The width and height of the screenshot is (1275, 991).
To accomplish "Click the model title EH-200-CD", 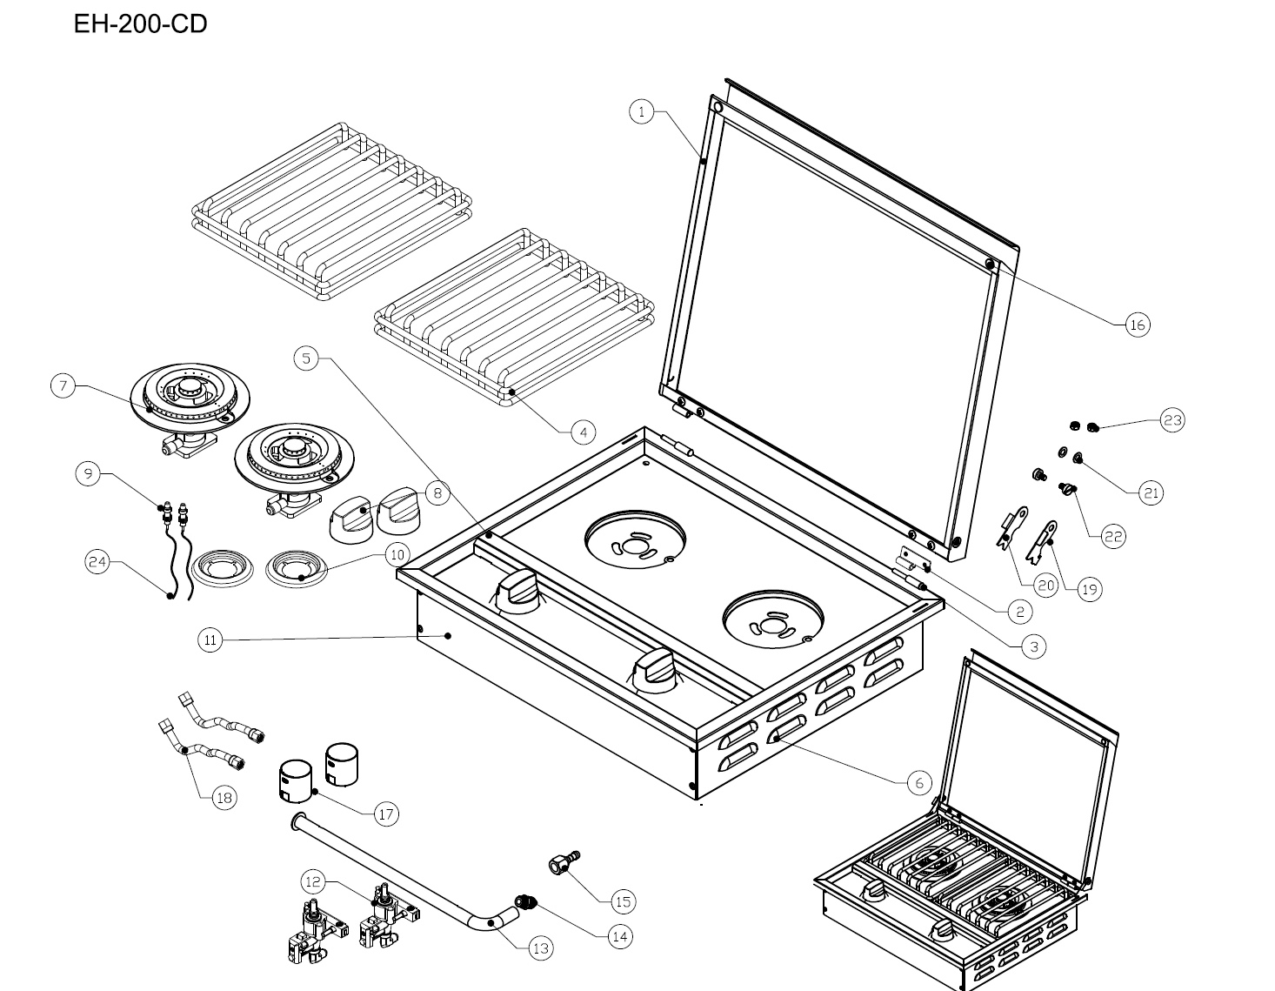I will [140, 24].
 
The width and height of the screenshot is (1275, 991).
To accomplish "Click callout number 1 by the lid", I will [641, 111].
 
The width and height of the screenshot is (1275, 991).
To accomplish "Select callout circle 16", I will [1137, 325].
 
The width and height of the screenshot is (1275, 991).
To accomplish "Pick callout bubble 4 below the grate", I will [584, 431].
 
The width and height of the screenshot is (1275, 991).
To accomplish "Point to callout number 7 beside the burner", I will [63, 385].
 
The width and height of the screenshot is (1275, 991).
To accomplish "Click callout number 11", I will [210, 640].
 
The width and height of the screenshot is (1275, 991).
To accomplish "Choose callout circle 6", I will [919, 782].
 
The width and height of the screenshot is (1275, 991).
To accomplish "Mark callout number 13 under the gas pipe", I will [540, 947].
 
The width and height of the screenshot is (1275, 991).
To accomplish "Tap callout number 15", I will [623, 901].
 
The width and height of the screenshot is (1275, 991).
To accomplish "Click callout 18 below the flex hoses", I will [224, 798].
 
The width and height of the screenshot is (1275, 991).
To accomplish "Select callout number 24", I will [97, 563].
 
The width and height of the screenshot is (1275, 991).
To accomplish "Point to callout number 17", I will [386, 814].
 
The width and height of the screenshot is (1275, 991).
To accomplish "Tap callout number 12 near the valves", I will [314, 882].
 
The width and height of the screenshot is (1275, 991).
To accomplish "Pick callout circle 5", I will [306, 358].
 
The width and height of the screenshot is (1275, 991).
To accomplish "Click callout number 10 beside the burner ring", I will [397, 553].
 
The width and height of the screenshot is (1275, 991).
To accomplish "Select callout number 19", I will [1089, 589].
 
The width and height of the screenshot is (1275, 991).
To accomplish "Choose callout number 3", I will [1032, 646].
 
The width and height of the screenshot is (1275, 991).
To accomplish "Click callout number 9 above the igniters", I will [88, 473].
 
